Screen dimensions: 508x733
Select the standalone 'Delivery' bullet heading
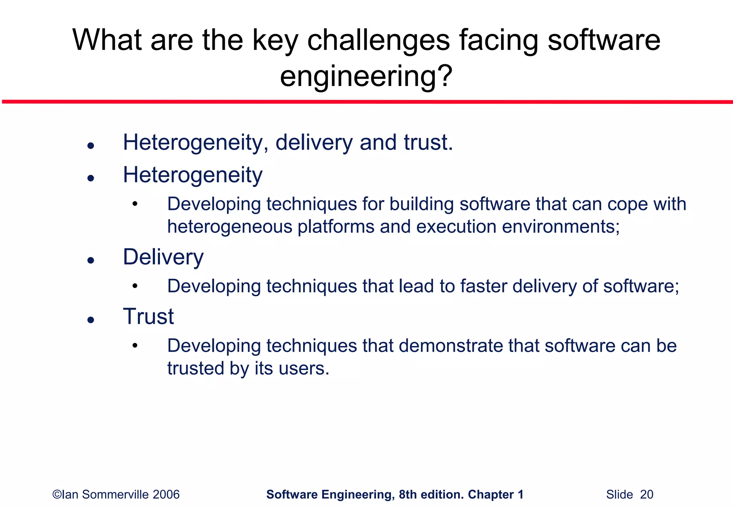click(x=163, y=257)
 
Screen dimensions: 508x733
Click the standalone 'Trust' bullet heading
click(x=148, y=317)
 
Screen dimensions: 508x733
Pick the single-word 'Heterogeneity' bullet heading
click(x=193, y=175)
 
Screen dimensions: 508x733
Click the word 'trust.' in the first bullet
click(x=428, y=143)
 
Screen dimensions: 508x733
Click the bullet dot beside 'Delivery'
click(x=91, y=260)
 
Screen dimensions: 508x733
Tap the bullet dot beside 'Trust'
click(x=91, y=320)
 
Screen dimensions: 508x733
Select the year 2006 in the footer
click(x=166, y=495)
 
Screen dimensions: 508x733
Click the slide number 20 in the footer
click(x=646, y=495)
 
